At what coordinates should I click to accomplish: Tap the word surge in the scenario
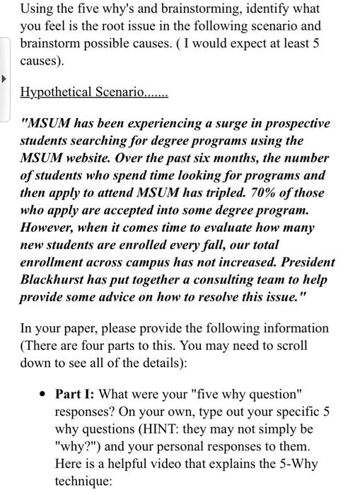pos(208,123)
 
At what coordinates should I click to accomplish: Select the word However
pos(47,228)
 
